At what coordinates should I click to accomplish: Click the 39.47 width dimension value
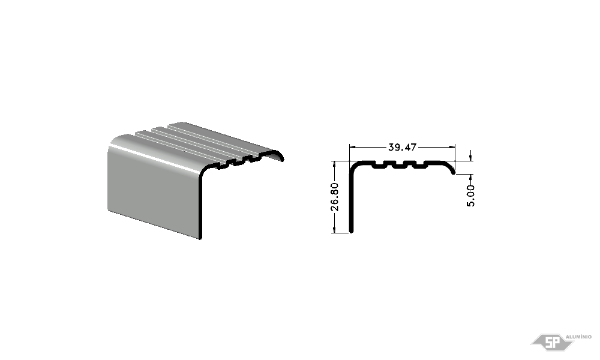(x=402, y=147)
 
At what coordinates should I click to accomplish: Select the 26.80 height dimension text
(x=334, y=197)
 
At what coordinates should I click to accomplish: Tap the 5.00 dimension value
(x=470, y=196)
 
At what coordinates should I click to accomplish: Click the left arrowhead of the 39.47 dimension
(x=353, y=147)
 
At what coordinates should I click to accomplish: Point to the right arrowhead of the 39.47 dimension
(x=452, y=147)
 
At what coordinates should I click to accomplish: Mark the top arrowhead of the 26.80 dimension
(x=334, y=164)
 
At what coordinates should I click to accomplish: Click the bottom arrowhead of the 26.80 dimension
(x=334, y=229)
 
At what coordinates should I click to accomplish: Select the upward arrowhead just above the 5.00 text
(x=470, y=178)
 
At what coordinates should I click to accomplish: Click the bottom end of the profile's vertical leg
(x=352, y=230)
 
